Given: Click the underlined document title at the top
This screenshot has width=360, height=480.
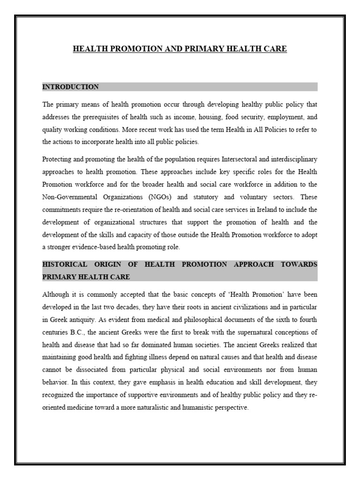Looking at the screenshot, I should [x=180, y=49].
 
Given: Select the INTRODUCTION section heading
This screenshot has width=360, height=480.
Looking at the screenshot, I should [x=70, y=87].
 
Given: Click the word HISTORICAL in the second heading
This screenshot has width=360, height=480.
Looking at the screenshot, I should [x=65, y=264].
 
